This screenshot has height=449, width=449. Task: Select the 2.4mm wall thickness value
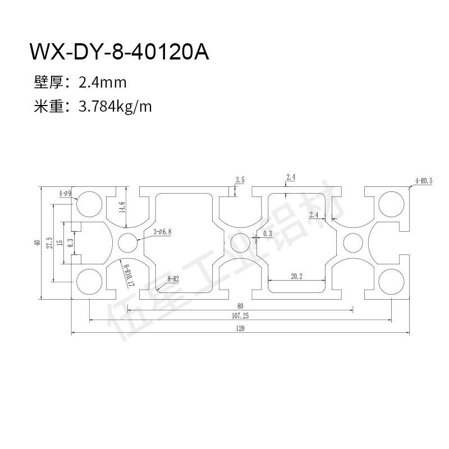(x=103, y=83)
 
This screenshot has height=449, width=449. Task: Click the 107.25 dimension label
(x=240, y=316)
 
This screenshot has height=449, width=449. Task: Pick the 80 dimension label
(x=240, y=305)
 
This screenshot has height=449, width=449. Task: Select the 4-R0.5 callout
(x=423, y=181)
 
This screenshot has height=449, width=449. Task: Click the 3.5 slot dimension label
(x=240, y=180)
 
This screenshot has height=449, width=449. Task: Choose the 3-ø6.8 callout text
(x=162, y=231)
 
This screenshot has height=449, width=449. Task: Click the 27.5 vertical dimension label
(x=51, y=243)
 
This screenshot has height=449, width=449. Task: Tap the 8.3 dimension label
(x=70, y=243)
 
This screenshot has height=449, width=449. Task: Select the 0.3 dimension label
(x=267, y=233)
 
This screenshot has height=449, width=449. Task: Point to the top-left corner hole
(x=88, y=204)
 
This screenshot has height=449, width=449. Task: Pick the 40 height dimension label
(x=36, y=243)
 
